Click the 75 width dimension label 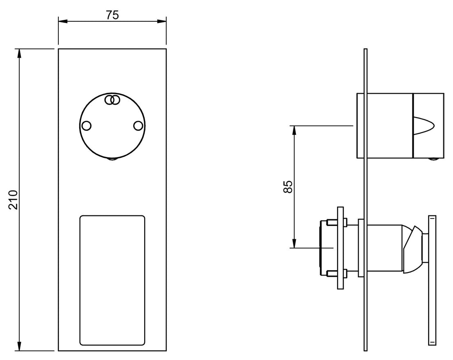pos(112,15)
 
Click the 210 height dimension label pos(13,199)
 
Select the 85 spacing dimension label pos(288,187)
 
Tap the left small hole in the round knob pos(86,126)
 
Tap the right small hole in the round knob pos(138,126)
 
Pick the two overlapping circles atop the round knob pos(112,100)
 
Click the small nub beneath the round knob pos(112,159)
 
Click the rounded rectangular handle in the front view pos(112,280)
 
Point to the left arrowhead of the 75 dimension pos(63,21)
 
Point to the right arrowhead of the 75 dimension pos(162,21)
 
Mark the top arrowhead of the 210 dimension pos(19,54)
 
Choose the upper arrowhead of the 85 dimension pos(294,130)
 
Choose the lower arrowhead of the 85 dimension pos(294,243)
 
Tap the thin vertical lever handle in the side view pos(432,280)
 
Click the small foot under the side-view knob pos(433,159)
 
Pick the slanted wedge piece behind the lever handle pos(413,249)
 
